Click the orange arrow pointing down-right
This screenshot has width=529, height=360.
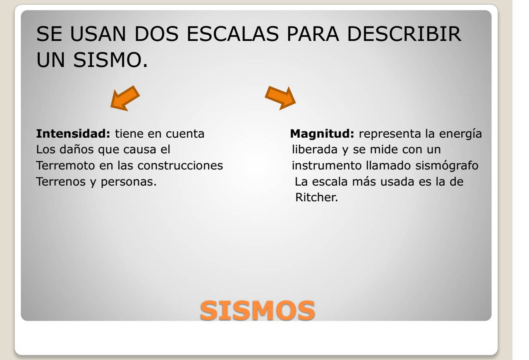pos(280,98)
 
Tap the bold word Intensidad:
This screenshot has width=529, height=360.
pos(73,134)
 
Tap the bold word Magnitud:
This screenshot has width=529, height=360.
pos(322,134)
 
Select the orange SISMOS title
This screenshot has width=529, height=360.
pos(257,310)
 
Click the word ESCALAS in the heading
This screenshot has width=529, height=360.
pos(232,34)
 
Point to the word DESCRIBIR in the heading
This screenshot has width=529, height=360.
pos(404,34)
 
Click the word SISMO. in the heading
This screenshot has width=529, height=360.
pos(110,60)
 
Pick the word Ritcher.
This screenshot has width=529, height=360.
pos(316,197)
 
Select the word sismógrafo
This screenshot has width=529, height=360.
pos(447,166)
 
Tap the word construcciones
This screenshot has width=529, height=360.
pos(180,165)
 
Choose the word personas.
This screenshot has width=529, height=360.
pos(129,182)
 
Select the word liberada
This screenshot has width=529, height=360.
pos(315,150)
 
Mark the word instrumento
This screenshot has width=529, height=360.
pos(327,165)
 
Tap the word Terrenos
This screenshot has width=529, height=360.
pos(61,181)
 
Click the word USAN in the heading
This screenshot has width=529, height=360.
pos(98,34)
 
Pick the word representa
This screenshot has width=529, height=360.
pos(390,134)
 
